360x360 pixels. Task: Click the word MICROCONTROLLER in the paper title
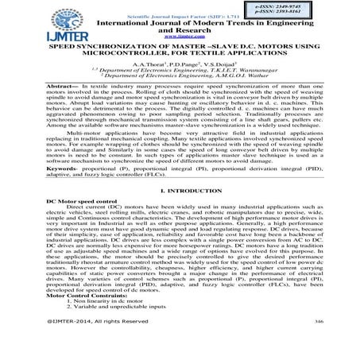138,53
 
